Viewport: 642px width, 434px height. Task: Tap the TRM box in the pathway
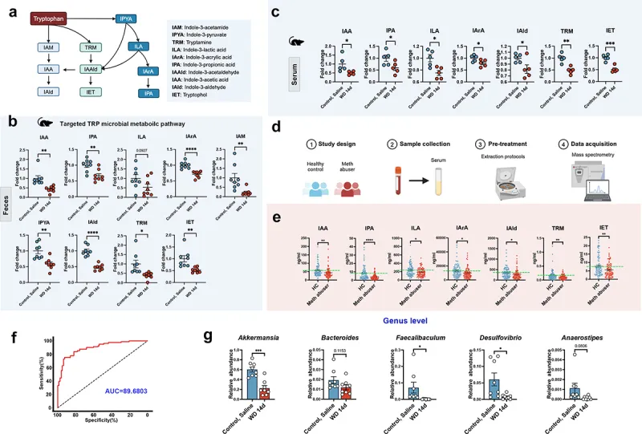pyautogui.click(x=91, y=48)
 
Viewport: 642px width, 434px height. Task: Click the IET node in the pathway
pyautogui.click(x=91, y=94)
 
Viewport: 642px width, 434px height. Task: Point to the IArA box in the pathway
pyautogui.click(x=146, y=71)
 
